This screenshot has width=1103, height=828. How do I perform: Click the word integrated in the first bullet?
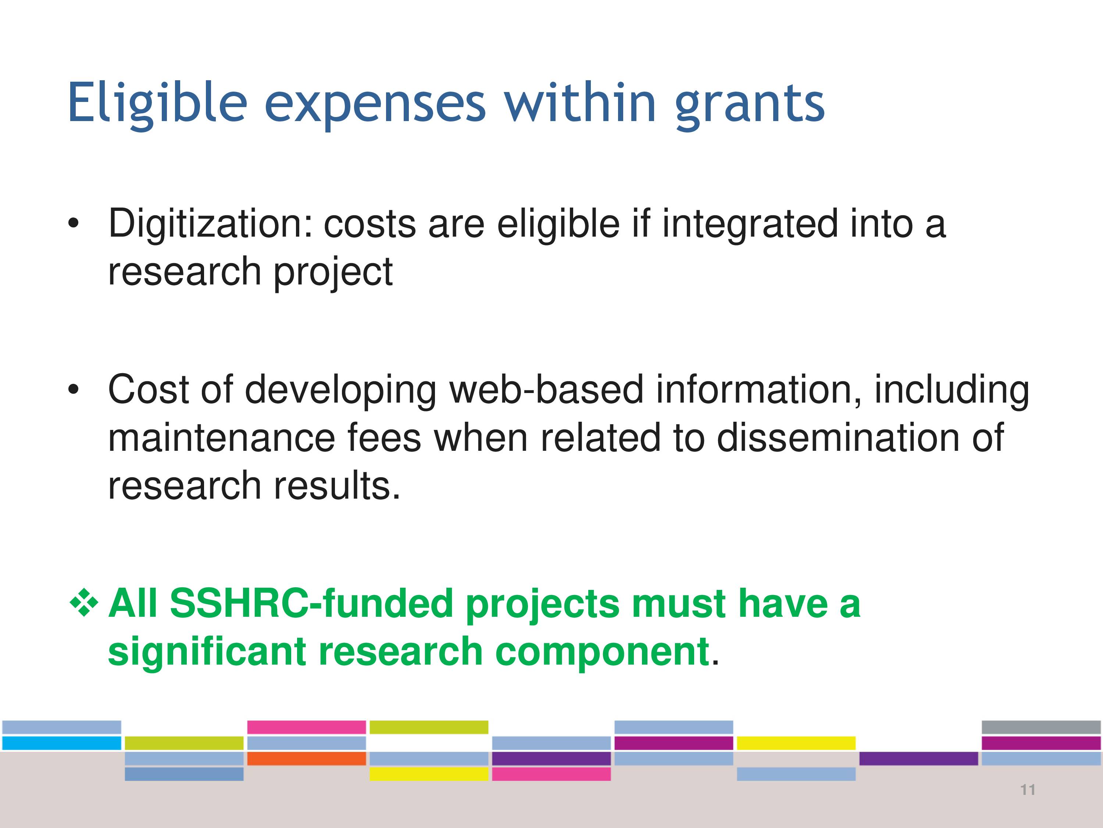click(x=750, y=224)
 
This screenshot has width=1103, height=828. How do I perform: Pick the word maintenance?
click(x=222, y=438)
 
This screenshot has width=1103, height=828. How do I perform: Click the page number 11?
click(x=1028, y=790)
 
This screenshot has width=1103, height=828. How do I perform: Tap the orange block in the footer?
click(x=307, y=758)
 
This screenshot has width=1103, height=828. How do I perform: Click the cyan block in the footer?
click(x=62, y=743)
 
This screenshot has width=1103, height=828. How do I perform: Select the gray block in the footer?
click(x=1041, y=727)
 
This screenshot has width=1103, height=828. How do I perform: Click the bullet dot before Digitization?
click(x=74, y=224)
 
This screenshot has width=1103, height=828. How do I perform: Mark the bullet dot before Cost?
click(x=74, y=389)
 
